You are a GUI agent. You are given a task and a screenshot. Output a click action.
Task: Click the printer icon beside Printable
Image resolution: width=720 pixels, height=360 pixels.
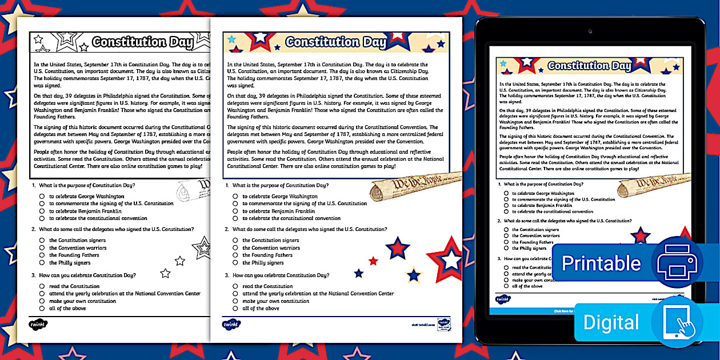(677, 263)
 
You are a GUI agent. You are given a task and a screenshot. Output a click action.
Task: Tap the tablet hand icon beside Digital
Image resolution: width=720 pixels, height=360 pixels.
(677, 322)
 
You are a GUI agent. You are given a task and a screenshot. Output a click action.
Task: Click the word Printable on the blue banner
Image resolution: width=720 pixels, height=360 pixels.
(601, 263)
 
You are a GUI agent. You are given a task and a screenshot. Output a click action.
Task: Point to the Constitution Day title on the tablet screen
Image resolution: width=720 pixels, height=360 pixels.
(589, 66)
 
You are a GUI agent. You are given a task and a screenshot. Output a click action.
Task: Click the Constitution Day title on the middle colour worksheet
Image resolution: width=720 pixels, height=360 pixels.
(336, 42)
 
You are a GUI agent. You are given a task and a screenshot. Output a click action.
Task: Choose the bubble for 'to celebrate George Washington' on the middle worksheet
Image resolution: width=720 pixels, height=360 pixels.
(235, 197)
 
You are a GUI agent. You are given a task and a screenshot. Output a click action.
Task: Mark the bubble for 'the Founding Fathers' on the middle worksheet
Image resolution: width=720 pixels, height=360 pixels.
(235, 255)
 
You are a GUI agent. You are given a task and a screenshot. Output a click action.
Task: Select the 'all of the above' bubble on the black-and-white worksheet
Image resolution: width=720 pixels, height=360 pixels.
(42, 309)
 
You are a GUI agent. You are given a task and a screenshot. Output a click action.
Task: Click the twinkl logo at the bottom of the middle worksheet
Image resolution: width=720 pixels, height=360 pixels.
(231, 324)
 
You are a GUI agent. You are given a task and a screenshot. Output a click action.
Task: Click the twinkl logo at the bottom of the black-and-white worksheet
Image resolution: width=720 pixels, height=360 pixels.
(38, 324)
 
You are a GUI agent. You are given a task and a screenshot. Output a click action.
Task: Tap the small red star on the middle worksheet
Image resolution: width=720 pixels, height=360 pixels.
(373, 261)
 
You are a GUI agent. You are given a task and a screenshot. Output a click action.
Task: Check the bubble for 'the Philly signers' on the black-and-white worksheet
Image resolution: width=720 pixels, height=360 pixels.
(42, 263)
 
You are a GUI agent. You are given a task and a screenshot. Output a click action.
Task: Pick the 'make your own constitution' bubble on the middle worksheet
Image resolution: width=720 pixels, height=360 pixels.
(235, 301)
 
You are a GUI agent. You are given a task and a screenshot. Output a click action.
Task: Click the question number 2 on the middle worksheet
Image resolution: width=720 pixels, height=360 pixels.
(227, 229)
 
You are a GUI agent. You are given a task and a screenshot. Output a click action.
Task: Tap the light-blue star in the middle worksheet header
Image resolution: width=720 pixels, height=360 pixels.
(231, 39)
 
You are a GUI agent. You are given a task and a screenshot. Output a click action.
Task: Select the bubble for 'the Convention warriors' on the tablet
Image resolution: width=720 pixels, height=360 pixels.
(506, 236)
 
